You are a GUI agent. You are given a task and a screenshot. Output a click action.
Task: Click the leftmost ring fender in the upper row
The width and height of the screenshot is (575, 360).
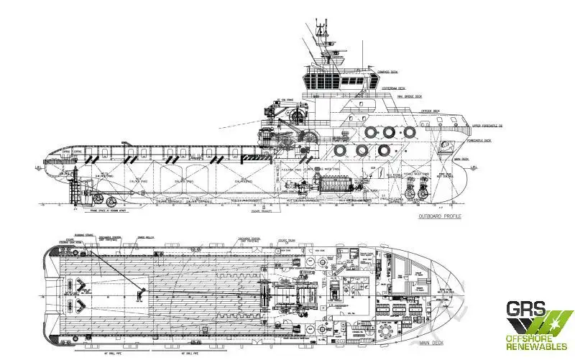click(x=371, y=132)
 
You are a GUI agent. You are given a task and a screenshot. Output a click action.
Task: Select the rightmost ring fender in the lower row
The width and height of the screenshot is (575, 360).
click(x=384, y=150)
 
